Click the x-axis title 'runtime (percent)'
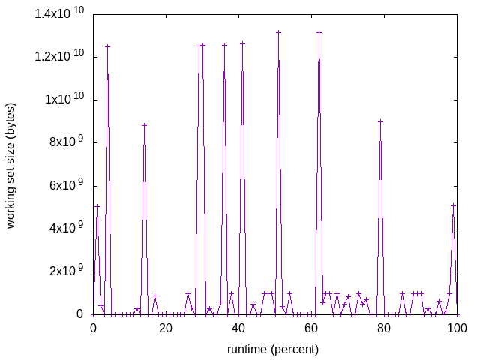pos(274,349)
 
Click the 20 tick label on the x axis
pos(166,328)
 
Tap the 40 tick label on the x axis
pos(238,328)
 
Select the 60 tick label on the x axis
pos(311,328)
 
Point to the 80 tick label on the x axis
pos(384,328)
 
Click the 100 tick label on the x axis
pos(457,328)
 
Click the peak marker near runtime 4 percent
pos(107,46)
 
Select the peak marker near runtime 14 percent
pos(144,125)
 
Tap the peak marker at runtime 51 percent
pos(278,32)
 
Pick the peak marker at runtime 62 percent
pos(319,32)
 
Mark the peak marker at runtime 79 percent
pos(380,121)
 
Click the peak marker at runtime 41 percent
pos(242,43)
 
